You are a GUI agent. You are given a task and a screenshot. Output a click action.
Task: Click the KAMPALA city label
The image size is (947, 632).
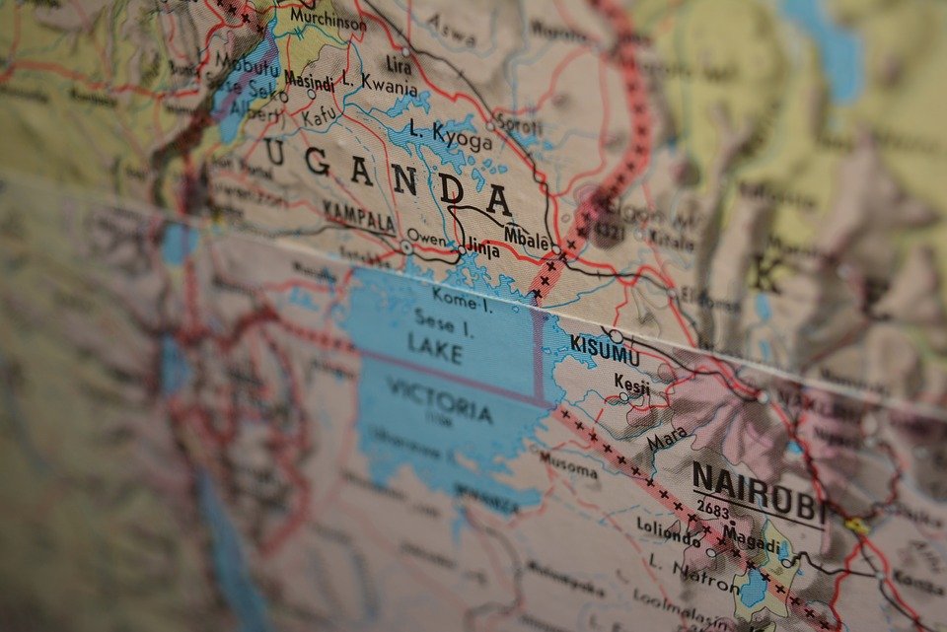359,216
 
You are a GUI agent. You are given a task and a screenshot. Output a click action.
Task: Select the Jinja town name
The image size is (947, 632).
482,249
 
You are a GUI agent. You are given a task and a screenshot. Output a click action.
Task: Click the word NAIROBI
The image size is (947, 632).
760,493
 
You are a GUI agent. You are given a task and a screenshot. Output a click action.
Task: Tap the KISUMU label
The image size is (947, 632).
605,350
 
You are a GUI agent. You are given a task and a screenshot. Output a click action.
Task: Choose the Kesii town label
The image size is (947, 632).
632,386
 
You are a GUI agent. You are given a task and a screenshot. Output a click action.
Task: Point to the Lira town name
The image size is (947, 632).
399,65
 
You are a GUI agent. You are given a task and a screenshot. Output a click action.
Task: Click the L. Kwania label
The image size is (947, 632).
379,85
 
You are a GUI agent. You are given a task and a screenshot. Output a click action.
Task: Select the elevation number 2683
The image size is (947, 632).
714,510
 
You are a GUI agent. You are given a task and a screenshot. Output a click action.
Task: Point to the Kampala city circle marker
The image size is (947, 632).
406,247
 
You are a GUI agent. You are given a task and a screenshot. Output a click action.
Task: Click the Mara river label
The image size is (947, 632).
670,439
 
